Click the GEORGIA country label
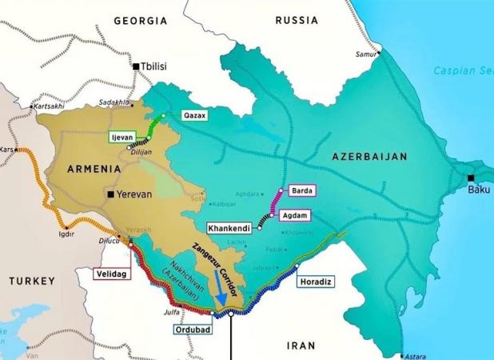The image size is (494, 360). (141, 19)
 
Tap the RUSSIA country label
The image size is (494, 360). (297, 19)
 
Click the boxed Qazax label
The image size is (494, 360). (194, 115)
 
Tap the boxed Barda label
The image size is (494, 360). (303, 190)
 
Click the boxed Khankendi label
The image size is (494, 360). (229, 228)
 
